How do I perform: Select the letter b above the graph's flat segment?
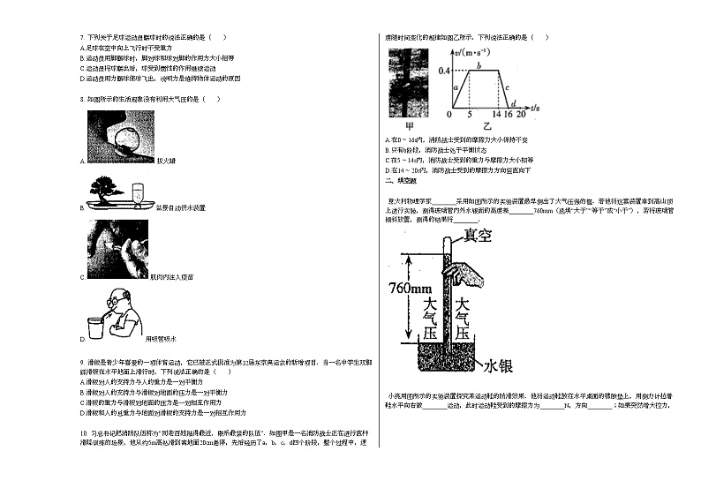(479, 64)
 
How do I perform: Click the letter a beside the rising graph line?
(455, 87)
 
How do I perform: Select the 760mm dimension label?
(406, 289)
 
